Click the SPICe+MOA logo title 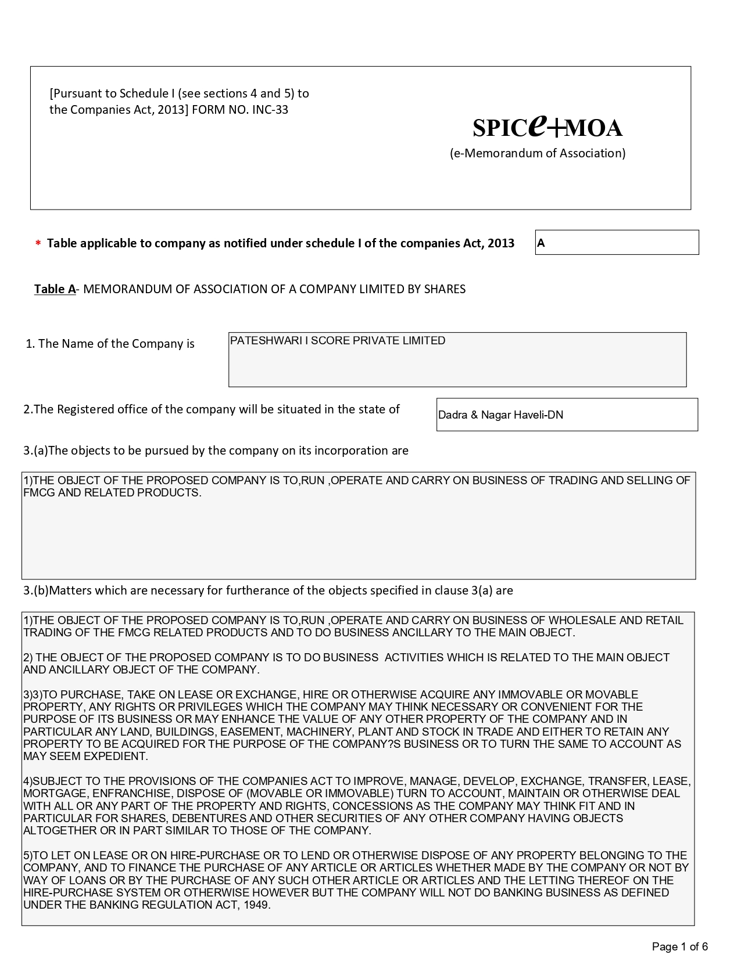click(547, 126)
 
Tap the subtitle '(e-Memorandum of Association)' click(538, 153)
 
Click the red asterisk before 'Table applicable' click(38, 244)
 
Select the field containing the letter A click(616, 243)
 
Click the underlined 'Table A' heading click(55, 289)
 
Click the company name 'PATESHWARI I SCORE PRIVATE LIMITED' click(338, 341)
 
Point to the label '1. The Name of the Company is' click(110, 344)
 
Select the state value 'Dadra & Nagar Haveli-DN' click(500, 415)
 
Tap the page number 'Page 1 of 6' click(679, 946)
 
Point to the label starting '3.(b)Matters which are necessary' click(268, 590)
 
